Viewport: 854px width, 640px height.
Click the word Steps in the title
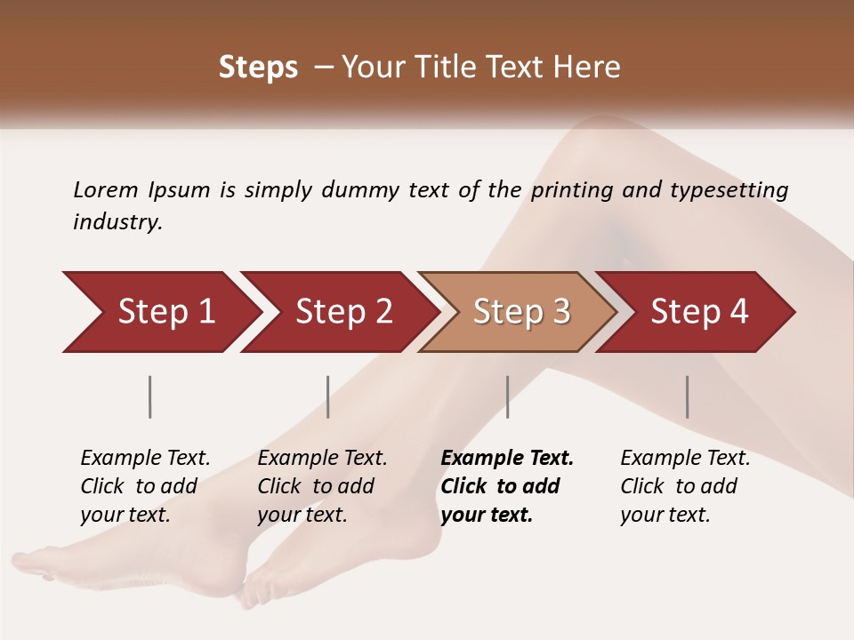tap(258, 68)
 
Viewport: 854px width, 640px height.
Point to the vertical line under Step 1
tap(150, 396)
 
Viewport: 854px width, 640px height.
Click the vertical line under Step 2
tap(328, 396)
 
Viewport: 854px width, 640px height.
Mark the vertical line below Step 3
tap(507, 396)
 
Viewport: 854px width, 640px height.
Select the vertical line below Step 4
tap(687, 396)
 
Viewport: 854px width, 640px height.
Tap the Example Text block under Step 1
tap(145, 486)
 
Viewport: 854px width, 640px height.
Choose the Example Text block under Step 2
tap(322, 486)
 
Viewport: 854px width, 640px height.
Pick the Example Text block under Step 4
tap(685, 486)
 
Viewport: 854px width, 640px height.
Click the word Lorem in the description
tap(106, 189)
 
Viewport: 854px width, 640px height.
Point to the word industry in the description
tap(117, 222)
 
